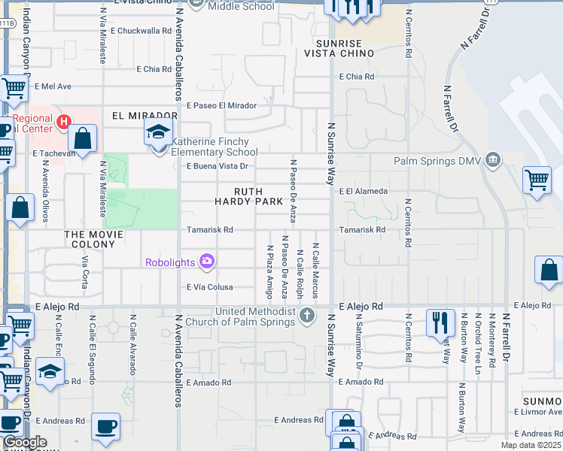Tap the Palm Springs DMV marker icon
click(x=493, y=159)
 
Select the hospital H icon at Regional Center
click(x=64, y=120)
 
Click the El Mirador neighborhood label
click(x=144, y=116)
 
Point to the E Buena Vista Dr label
click(x=217, y=166)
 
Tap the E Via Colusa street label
click(x=209, y=287)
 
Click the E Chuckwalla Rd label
click(x=141, y=32)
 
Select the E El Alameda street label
click(x=363, y=192)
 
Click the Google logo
click(x=25, y=442)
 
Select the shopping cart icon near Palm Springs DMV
click(x=537, y=179)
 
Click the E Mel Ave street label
click(x=52, y=86)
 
